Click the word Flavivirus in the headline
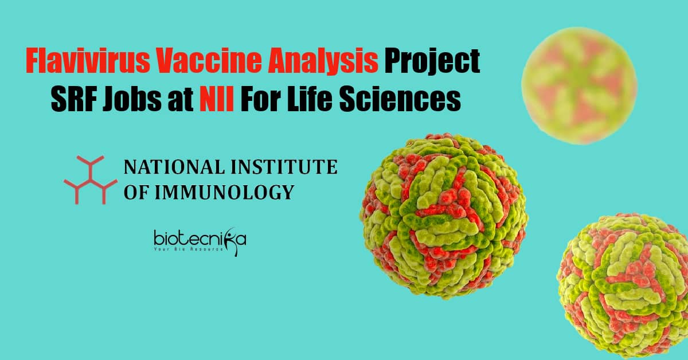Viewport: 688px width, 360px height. [x=88, y=61]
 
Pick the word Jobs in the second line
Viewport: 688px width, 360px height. [x=132, y=100]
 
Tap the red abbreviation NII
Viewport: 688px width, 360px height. [x=217, y=100]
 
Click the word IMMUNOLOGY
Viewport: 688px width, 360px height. [x=224, y=192]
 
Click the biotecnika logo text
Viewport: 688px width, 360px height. [x=200, y=239]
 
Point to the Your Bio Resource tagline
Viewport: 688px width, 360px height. [x=189, y=249]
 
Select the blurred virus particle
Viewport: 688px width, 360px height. [x=579, y=86]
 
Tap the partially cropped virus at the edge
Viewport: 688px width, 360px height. [x=624, y=285]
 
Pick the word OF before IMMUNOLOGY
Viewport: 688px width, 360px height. [x=136, y=192]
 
